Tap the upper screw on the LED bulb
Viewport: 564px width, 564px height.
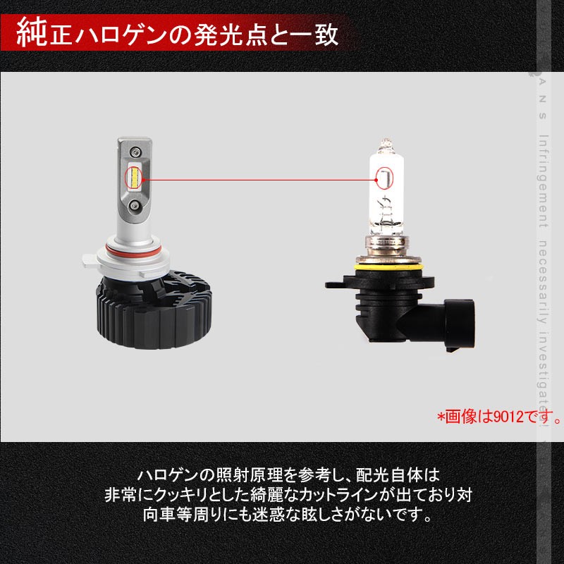point(135,150)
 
